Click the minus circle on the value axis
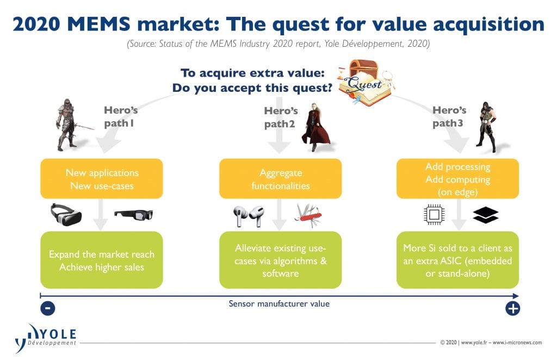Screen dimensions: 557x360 48,308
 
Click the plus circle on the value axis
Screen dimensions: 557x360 512,308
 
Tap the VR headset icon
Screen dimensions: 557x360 66,214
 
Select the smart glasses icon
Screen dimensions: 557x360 134,215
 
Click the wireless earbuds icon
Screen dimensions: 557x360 249,216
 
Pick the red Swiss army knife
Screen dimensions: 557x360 308,216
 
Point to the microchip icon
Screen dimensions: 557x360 434,214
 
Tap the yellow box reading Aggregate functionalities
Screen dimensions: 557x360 280,178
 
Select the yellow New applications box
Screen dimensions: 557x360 102,178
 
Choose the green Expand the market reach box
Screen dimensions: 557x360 102,260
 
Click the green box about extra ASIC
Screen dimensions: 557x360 457,260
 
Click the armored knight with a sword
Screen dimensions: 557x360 69,125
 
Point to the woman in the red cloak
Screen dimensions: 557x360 315,127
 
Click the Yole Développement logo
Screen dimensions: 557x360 46,338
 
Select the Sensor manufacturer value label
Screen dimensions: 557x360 279,304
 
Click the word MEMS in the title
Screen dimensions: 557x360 99,24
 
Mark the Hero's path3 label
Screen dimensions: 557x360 449,117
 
